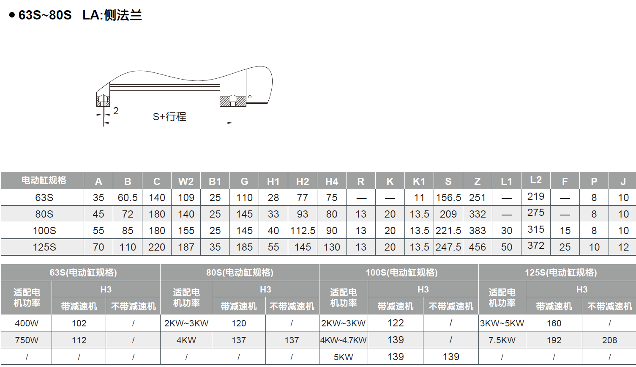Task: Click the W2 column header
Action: point(186,181)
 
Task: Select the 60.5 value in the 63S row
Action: point(128,197)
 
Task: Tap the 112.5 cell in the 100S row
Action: point(303,230)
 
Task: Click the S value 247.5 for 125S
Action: point(448,247)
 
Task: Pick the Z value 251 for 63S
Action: point(477,197)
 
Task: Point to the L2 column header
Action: point(536,180)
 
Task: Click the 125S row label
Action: point(44,247)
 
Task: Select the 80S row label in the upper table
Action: point(44,214)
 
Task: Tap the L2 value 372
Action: point(536,246)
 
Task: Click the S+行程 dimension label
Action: point(169,117)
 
